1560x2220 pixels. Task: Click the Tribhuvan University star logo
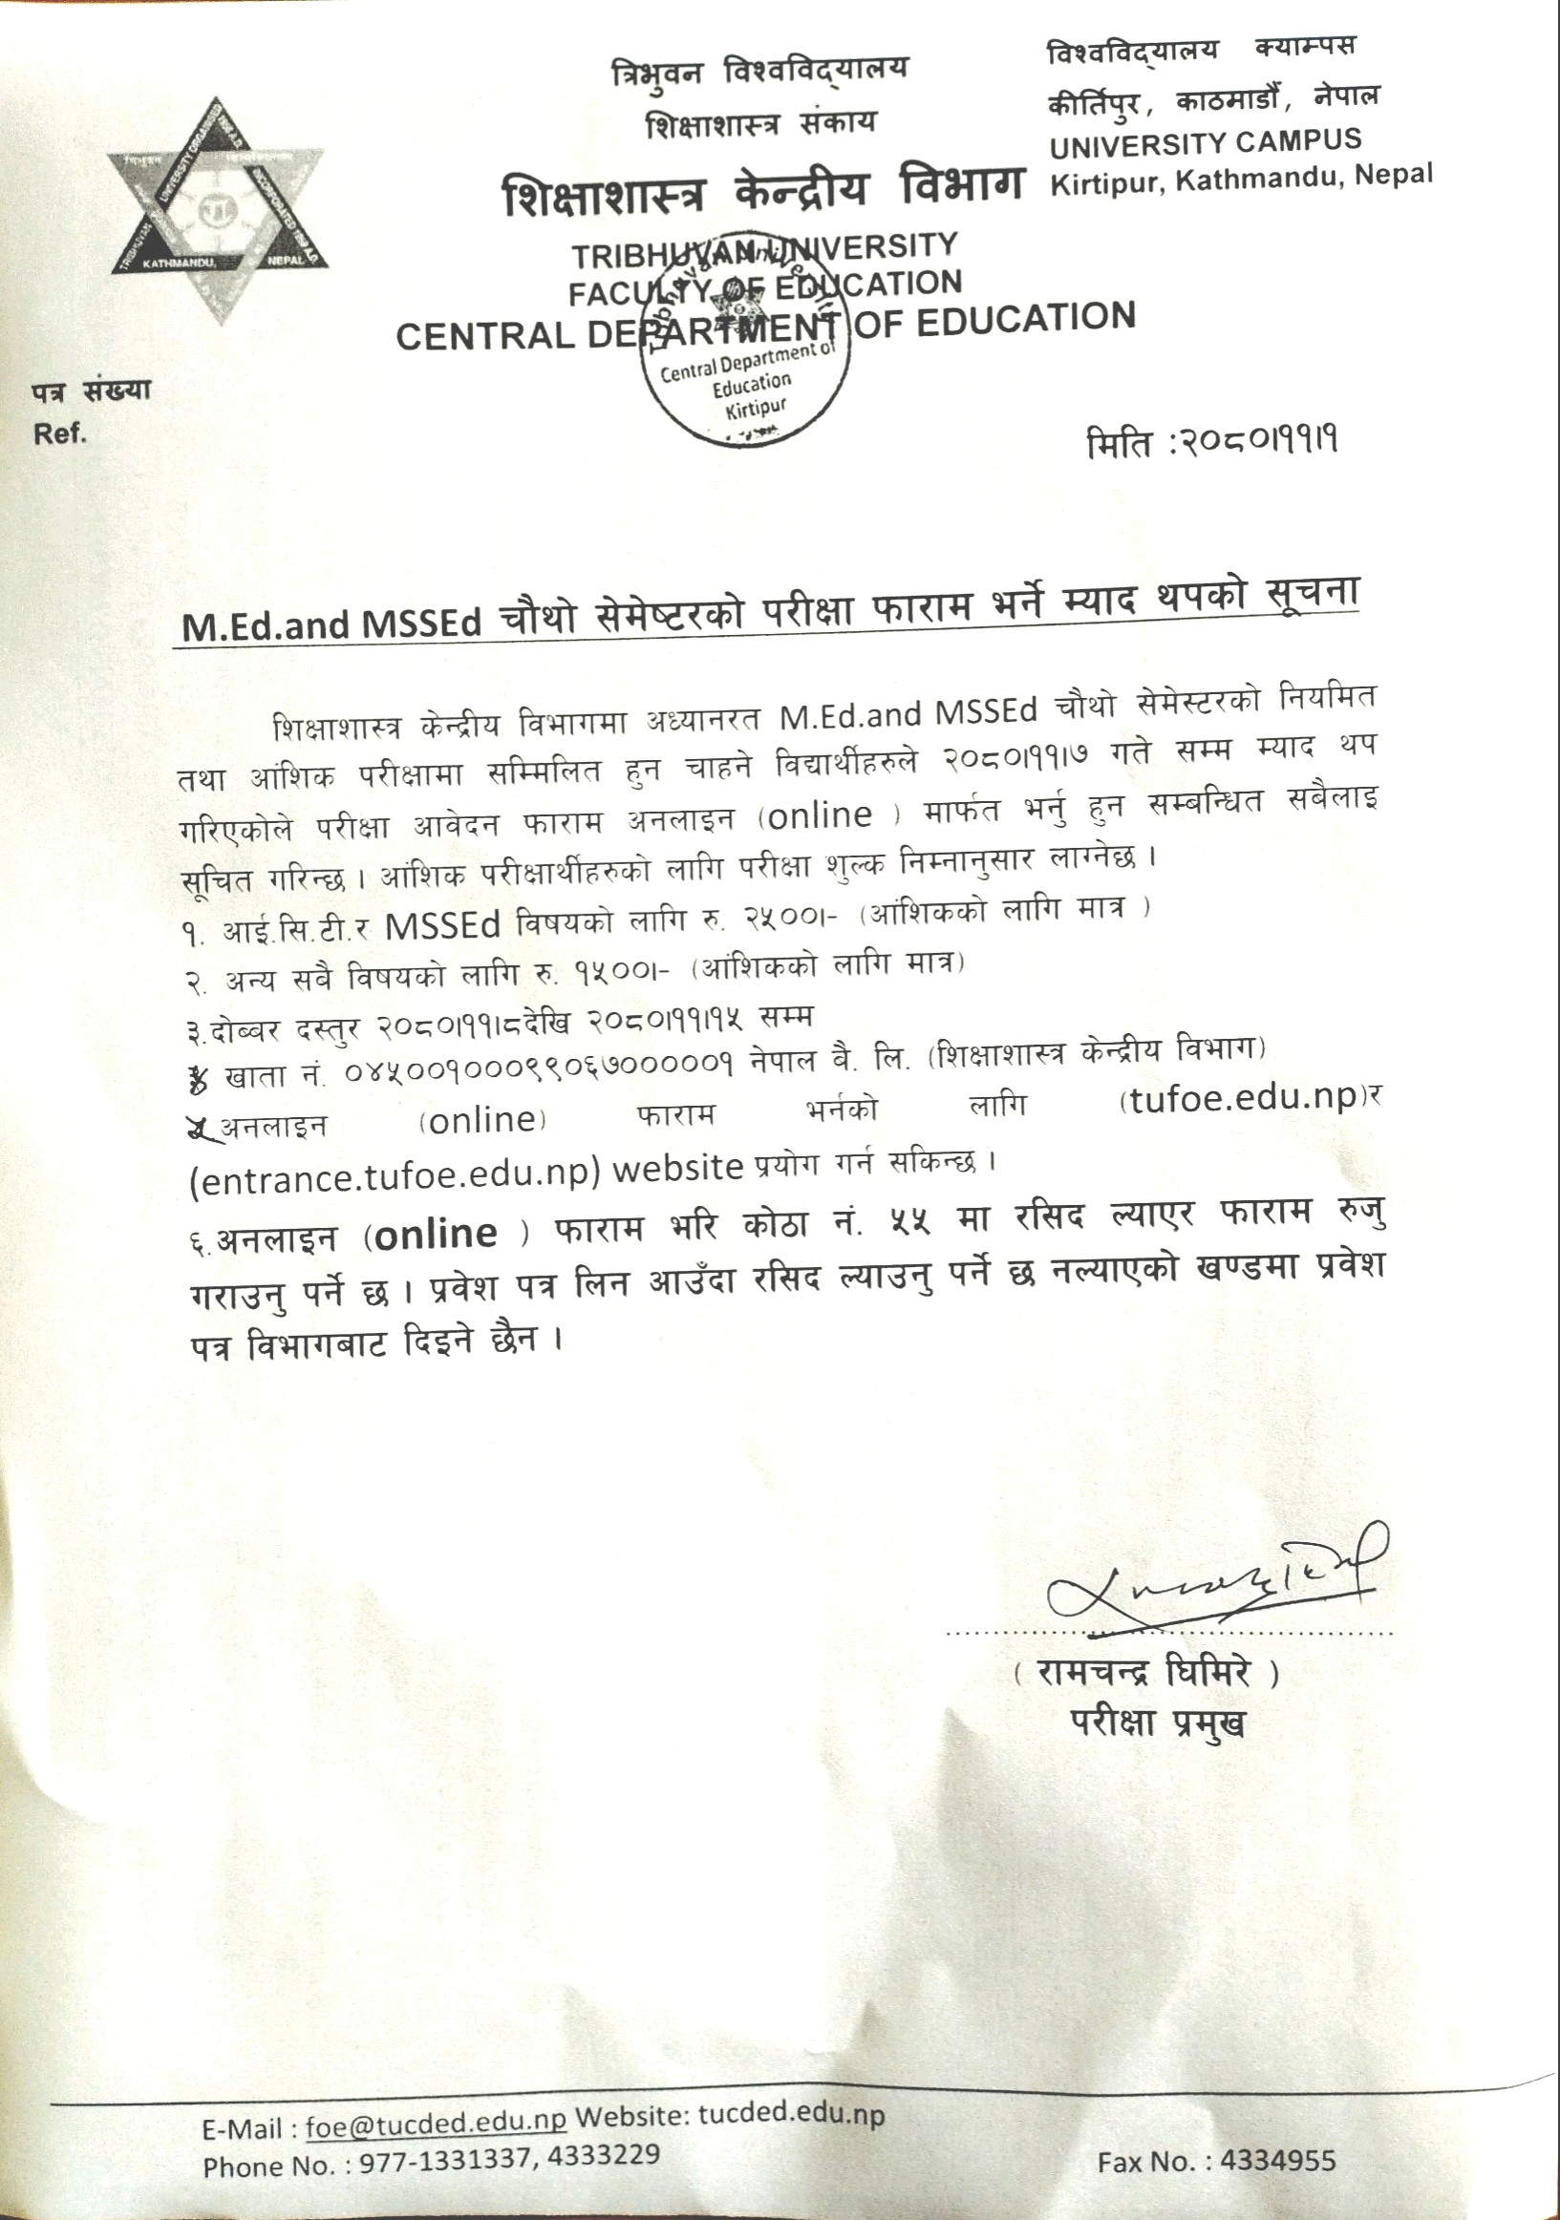(218, 209)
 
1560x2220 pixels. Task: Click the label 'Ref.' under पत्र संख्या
(60, 434)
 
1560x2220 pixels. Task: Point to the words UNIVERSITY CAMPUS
(1205, 144)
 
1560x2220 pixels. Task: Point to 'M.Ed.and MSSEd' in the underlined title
(331, 624)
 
